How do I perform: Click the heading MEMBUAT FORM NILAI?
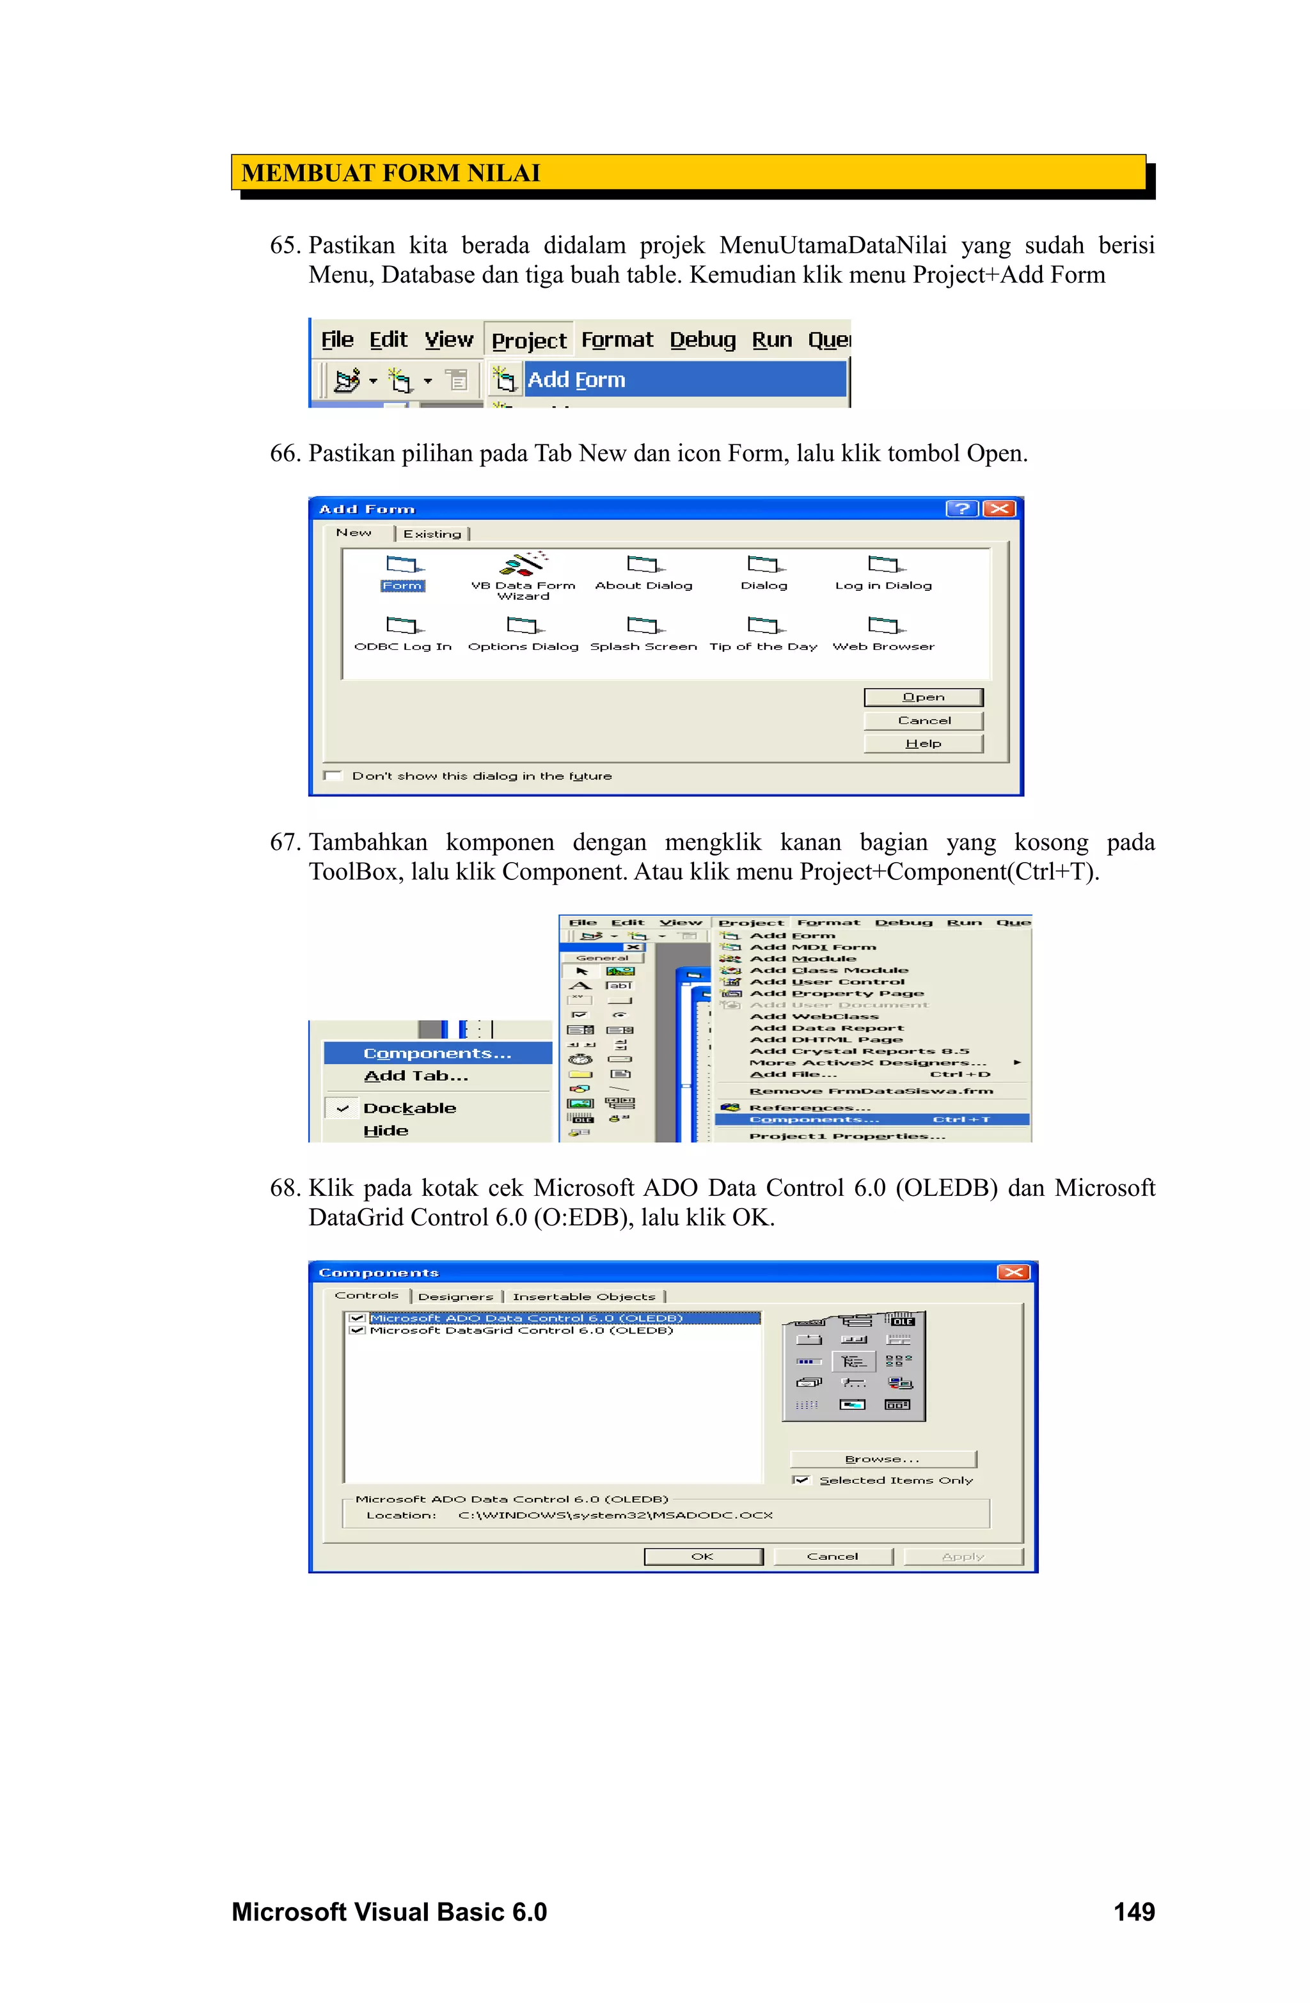pyautogui.click(x=391, y=173)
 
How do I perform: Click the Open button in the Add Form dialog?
pyautogui.click(x=923, y=697)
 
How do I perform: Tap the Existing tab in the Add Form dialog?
pyautogui.click(x=432, y=533)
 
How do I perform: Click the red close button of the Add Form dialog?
pyautogui.click(x=998, y=508)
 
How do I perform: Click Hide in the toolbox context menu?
pyautogui.click(x=386, y=1130)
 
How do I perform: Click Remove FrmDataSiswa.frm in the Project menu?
pyautogui.click(x=871, y=1090)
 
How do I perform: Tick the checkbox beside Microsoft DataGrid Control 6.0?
pyautogui.click(x=357, y=1331)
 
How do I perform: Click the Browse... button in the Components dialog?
pyautogui.click(x=882, y=1459)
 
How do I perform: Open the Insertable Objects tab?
pyautogui.click(x=583, y=1297)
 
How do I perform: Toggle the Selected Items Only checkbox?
pyautogui.click(x=801, y=1479)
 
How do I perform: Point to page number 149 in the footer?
pyautogui.click(x=1133, y=1912)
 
